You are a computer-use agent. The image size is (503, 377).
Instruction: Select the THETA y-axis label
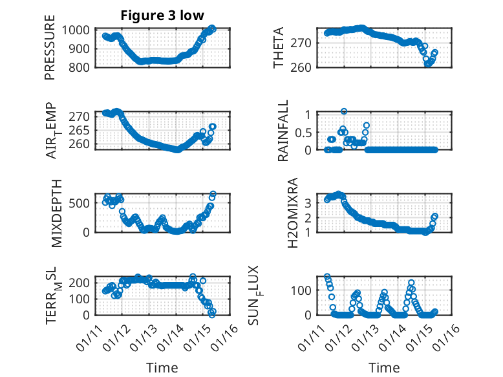click(x=279, y=48)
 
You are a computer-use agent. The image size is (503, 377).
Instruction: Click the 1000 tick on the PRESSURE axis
click(x=78, y=30)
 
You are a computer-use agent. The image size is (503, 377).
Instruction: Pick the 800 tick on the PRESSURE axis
click(x=82, y=67)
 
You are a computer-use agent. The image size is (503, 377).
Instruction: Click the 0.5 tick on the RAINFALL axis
click(x=303, y=131)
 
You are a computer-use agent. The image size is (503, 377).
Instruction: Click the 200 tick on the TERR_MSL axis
click(x=82, y=283)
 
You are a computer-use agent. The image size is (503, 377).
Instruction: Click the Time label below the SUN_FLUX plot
click(x=384, y=368)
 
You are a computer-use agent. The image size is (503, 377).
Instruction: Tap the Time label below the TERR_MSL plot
click(x=162, y=368)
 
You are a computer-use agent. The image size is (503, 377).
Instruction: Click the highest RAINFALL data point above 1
click(x=344, y=111)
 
